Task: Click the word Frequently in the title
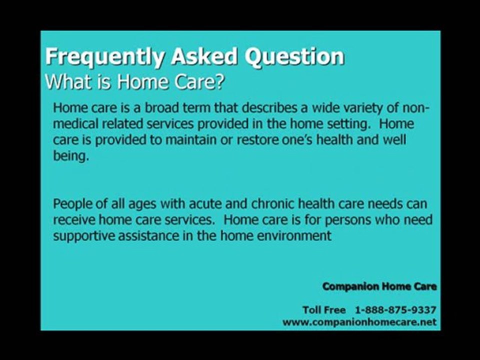point(104,57)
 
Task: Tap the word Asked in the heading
point(204,56)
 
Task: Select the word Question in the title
point(294,56)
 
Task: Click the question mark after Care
point(220,81)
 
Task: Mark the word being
point(71,156)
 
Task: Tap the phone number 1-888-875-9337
point(395,310)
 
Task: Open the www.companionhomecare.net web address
point(359,322)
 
